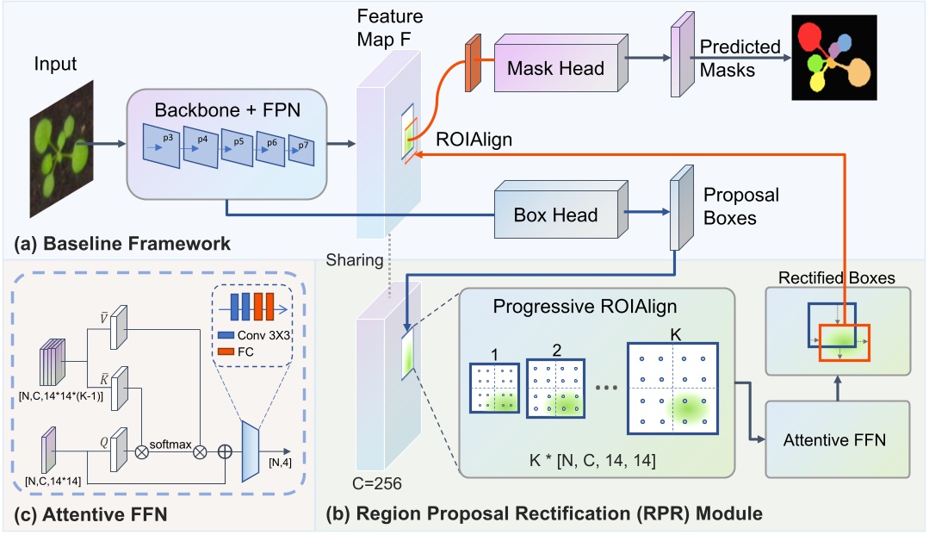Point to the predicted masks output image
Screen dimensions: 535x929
pos(834,59)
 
